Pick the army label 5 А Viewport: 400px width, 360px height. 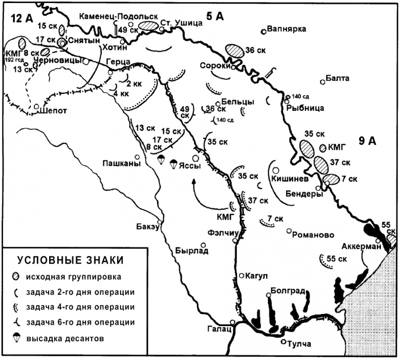[x=215, y=17]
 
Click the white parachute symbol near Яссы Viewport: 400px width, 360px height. [x=161, y=161]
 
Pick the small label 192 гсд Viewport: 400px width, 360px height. [x=14, y=59]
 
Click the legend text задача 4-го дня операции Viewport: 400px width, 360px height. [x=83, y=307]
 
